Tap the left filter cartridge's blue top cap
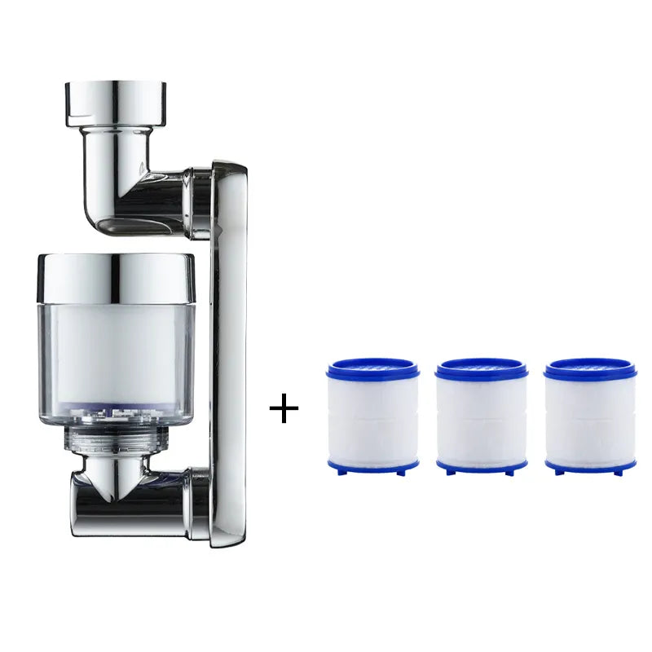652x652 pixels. tap(372, 369)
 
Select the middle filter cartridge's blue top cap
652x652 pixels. tap(481, 369)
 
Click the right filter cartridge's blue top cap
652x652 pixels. tap(590, 369)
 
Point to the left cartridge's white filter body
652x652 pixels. tap(372, 420)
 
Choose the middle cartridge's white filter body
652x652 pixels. tap(481, 420)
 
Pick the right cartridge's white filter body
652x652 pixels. tap(590, 420)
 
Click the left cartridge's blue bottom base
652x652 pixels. tap(372, 467)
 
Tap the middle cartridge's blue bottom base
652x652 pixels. tap(481, 467)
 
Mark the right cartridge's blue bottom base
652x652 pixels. tap(590, 467)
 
